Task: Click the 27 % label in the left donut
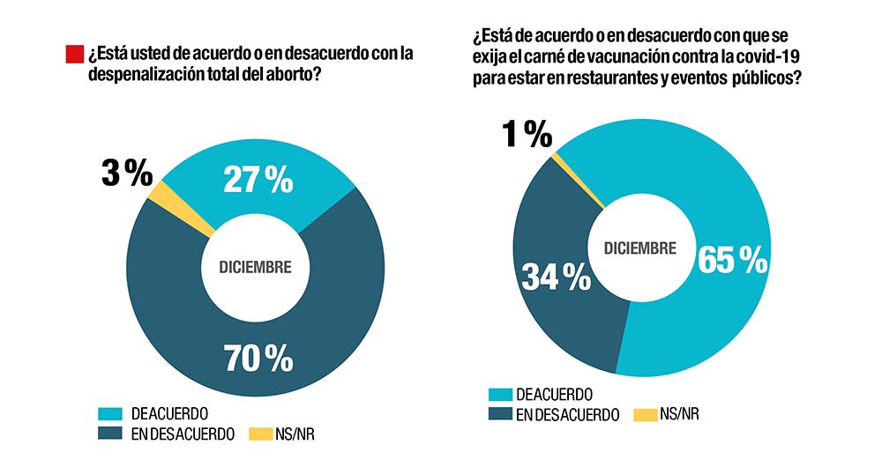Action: coord(256,180)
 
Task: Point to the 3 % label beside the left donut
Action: coord(126,174)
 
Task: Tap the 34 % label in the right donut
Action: coord(556,278)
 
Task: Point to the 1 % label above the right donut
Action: coord(527,135)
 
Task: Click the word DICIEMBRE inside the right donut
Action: coord(640,248)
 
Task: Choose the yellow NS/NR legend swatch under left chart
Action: coord(262,434)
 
